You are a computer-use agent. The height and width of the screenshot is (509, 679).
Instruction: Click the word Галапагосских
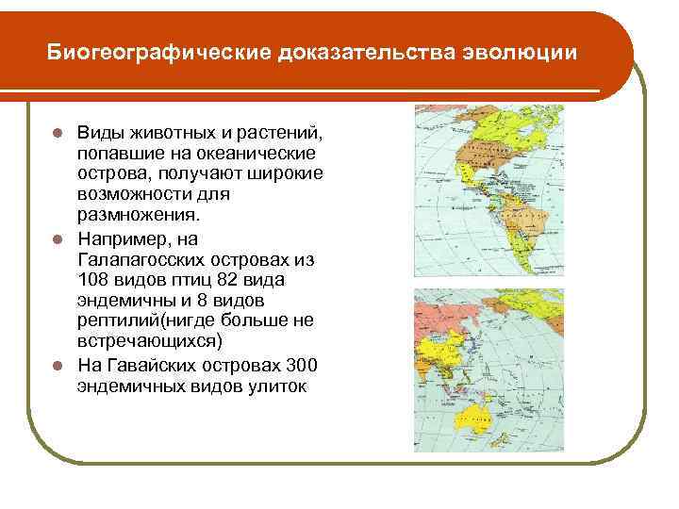136,259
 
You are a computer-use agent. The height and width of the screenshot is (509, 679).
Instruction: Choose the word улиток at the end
274,386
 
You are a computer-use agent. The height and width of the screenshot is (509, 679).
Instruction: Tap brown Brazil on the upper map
536,236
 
